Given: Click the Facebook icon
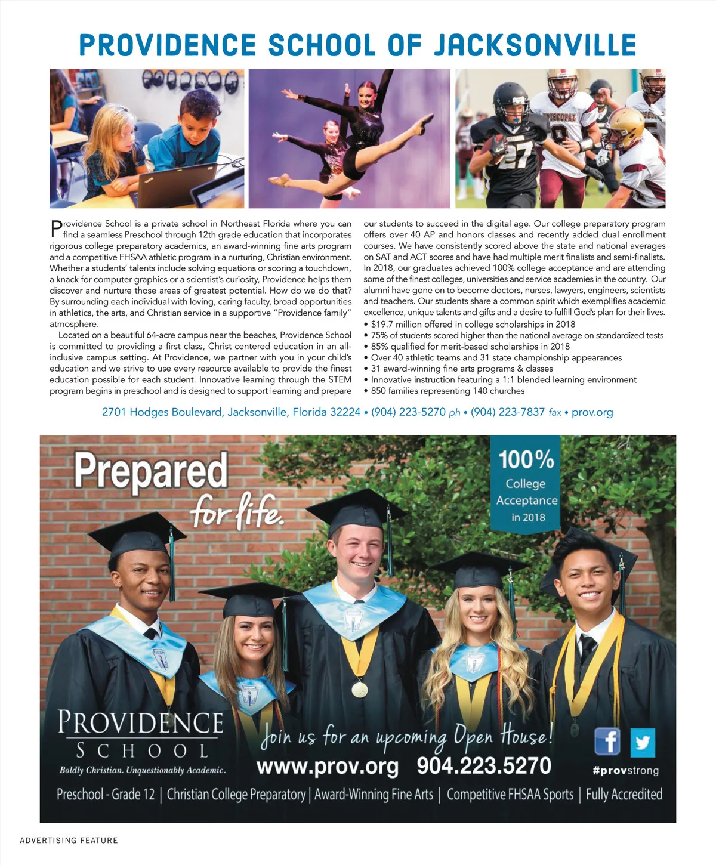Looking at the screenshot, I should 607,742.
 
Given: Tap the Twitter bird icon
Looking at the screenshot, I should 642,743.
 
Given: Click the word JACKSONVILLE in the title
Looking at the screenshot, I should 535,45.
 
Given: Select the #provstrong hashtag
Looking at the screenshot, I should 625,770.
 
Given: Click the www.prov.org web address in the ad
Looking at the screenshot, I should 327,765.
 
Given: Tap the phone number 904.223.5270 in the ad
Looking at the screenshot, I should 483,765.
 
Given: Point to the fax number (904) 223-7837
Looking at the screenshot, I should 508,412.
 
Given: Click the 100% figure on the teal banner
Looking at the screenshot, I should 526,459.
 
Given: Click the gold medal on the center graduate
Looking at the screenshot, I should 359,690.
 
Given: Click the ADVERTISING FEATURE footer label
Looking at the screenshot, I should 69,841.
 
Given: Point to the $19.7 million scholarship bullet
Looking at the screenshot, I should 473,324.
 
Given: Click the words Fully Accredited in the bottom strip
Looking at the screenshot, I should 624,795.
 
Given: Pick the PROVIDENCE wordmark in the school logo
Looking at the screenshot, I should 141,722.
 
